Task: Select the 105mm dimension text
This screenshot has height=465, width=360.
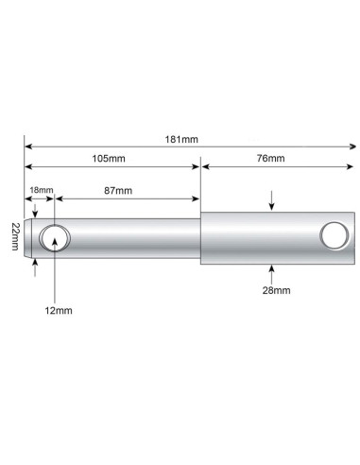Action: (112, 158)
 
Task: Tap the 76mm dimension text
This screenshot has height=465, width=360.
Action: (270, 158)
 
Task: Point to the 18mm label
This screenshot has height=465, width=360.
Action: (41, 190)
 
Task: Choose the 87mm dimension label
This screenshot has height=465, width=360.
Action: (118, 191)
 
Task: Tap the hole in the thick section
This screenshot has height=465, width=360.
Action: (333, 234)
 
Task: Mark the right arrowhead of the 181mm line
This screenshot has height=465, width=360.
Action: (352, 146)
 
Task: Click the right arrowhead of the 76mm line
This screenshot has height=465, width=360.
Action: (352, 166)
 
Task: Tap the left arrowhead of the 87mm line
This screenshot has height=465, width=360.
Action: (61, 199)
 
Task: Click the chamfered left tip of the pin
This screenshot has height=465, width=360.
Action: (34, 236)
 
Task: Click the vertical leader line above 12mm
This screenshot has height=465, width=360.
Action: (57, 274)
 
